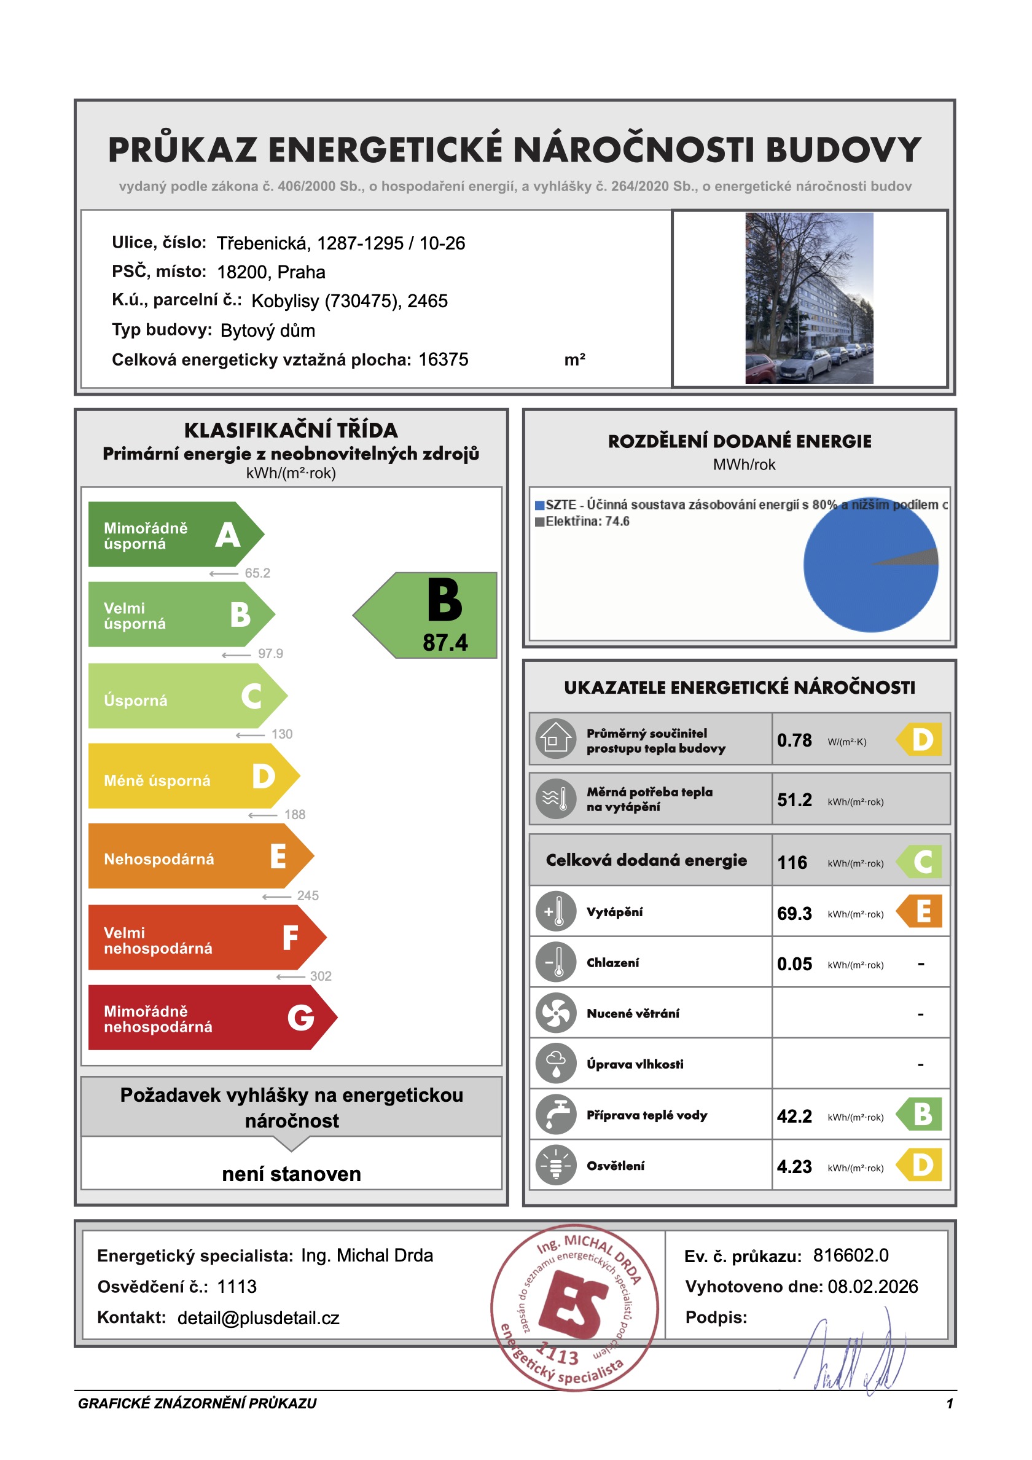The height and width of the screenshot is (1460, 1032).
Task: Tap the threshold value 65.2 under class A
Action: [x=257, y=573]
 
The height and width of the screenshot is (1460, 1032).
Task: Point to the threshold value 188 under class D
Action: [x=294, y=815]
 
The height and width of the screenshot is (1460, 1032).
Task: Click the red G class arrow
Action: [x=210, y=1018]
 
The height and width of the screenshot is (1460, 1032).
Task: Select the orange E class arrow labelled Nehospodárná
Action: [x=197, y=857]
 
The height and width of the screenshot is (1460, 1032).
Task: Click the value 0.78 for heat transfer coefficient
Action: [x=794, y=740]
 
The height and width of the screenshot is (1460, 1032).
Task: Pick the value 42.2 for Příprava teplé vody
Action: [x=794, y=1117]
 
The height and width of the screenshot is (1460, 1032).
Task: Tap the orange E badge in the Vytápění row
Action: [x=921, y=911]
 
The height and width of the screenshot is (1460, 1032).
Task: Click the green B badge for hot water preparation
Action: [x=921, y=1115]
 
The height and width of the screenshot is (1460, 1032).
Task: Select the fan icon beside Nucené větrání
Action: [x=556, y=1013]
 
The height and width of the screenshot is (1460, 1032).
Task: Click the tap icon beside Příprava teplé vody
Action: [x=556, y=1115]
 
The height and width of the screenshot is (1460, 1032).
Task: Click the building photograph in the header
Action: [x=809, y=298]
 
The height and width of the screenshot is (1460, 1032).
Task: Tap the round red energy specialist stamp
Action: [x=574, y=1309]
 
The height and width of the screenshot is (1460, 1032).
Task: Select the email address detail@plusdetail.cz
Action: [x=258, y=1318]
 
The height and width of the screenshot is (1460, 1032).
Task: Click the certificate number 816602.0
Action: [x=851, y=1256]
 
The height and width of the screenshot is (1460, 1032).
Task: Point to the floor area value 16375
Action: [x=443, y=360]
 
